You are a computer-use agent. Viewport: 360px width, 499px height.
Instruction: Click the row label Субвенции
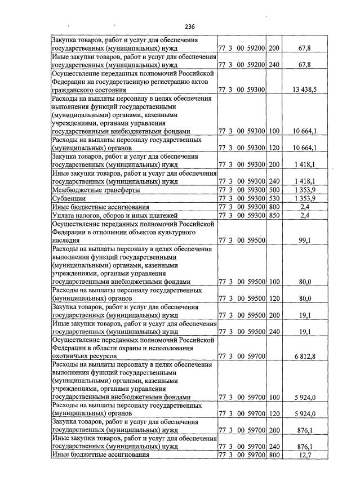coord(69,199)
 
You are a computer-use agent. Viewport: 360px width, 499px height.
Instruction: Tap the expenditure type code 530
coord(274,199)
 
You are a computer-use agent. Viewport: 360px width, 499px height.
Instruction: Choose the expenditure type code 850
coord(274,215)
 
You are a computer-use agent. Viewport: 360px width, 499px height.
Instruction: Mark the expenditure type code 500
coord(274,191)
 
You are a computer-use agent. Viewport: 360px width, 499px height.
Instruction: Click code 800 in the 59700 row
coord(274,455)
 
